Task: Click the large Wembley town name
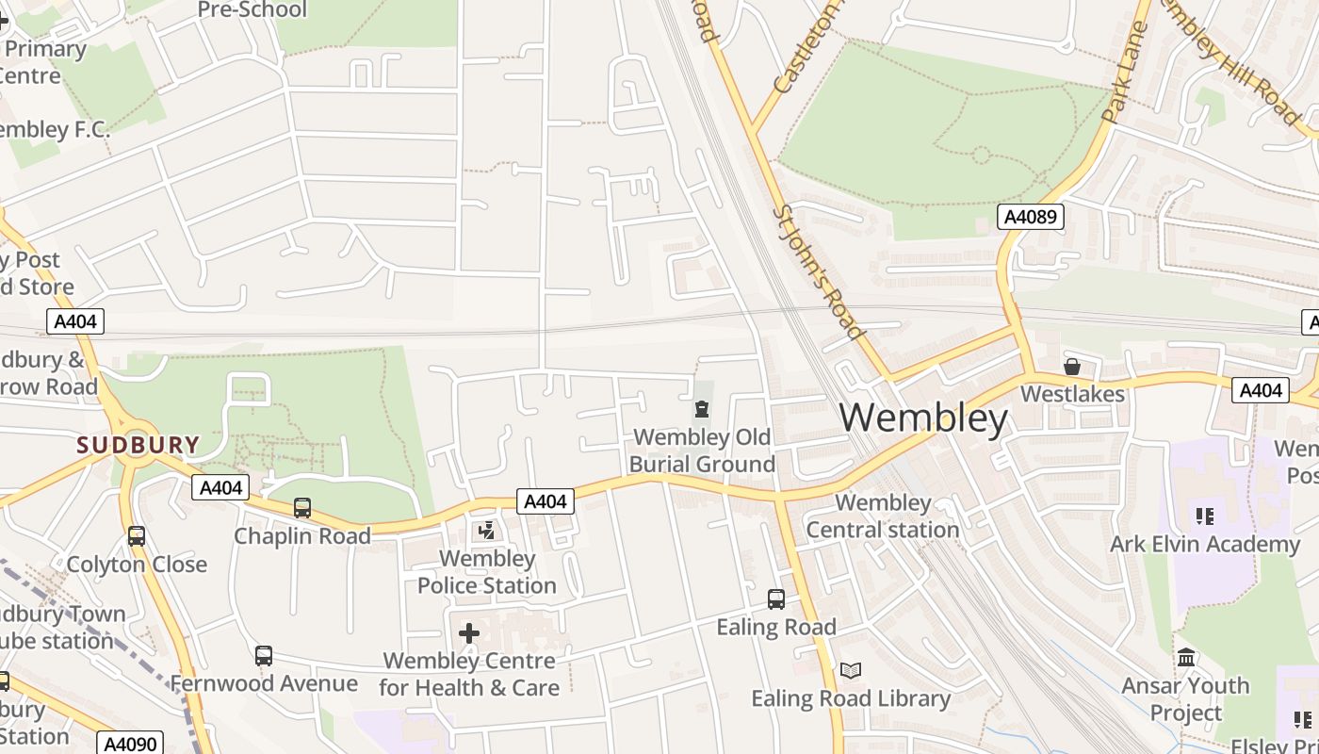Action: (923, 418)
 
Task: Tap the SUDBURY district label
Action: (138, 445)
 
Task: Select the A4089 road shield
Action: (1031, 217)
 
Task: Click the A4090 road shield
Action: (132, 744)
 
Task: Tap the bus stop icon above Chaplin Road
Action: (302, 508)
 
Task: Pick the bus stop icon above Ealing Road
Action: (776, 599)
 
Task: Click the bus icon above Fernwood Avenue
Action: (264, 656)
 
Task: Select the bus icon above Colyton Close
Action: (137, 536)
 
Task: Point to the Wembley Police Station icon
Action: (487, 532)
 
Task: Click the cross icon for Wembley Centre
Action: (469, 633)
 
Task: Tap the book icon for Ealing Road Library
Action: (851, 671)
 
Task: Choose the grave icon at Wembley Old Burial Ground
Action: (702, 409)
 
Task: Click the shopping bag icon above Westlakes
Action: (1072, 367)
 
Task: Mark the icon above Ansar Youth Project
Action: (1186, 657)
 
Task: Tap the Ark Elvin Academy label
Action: (1204, 544)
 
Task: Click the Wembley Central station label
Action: (883, 516)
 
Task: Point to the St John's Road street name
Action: (818, 272)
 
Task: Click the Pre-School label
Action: (252, 10)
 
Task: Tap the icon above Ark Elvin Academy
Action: (1204, 516)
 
